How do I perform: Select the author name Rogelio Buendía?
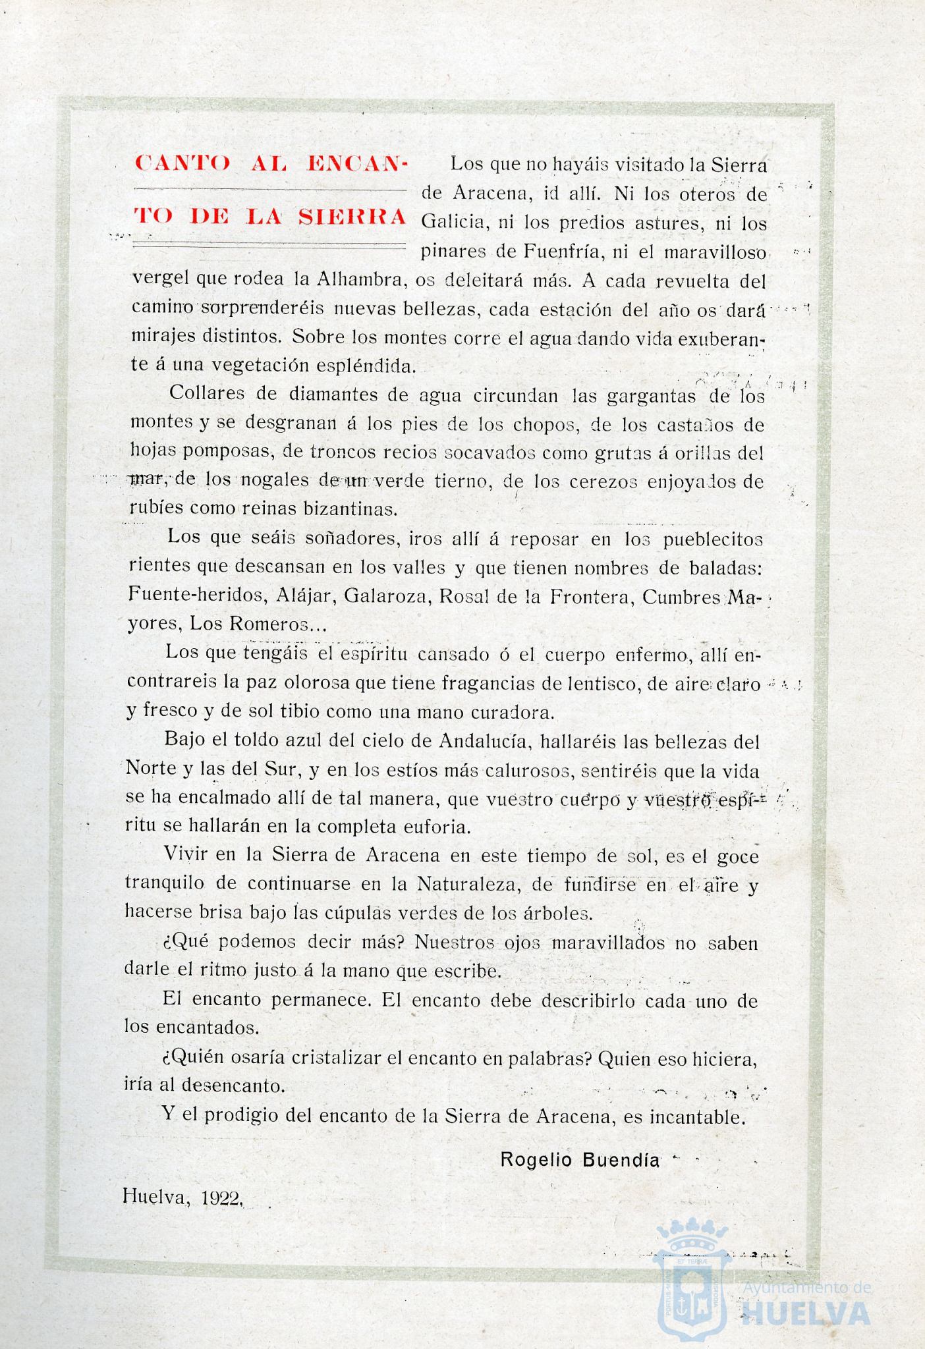(x=580, y=1160)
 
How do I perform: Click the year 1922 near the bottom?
(x=221, y=1198)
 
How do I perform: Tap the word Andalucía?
(x=483, y=742)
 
